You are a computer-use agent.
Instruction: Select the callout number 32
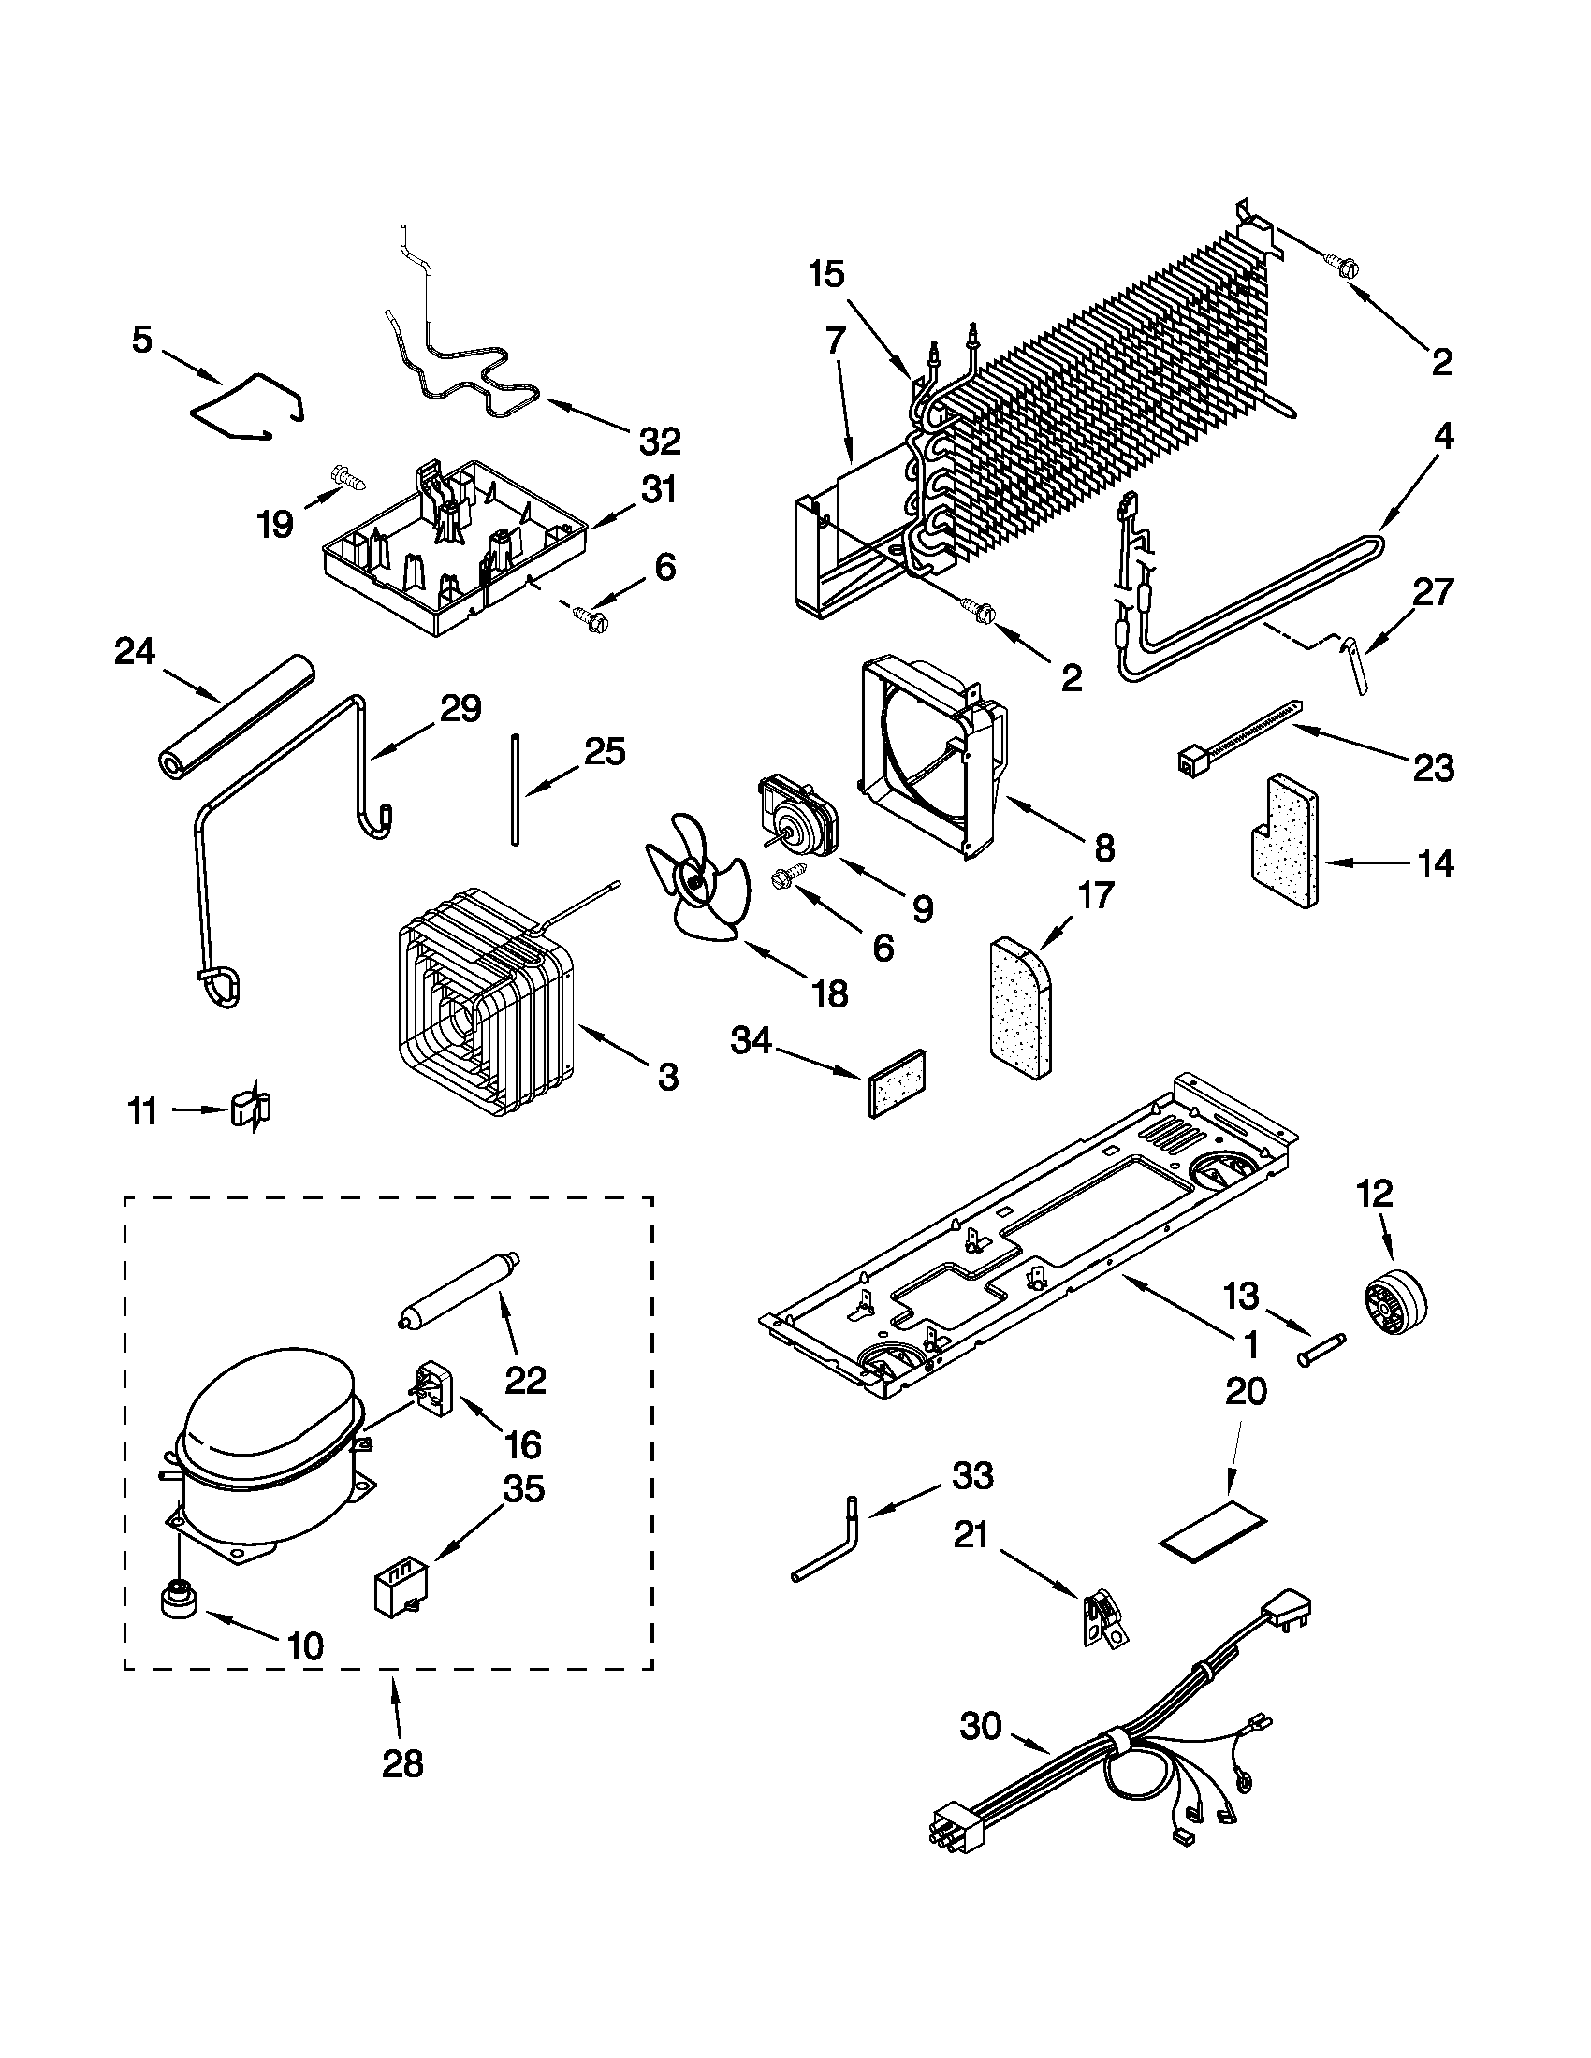[x=659, y=439]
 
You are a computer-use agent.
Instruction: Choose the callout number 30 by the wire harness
[x=980, y=1726]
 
